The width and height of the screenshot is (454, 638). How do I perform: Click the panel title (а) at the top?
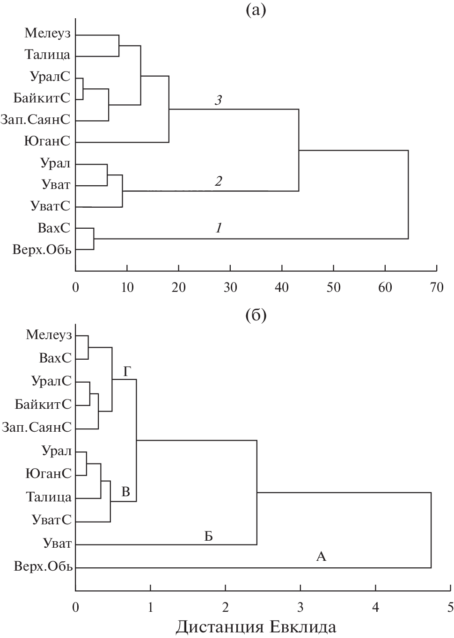pos(256,9)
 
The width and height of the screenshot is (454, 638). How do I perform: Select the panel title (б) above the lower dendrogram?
pos(256,316)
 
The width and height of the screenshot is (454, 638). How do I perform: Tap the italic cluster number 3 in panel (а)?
pos(218,101)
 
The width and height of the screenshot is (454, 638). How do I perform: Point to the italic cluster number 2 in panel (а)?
pos(218,181)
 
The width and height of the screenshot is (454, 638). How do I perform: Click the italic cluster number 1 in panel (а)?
pos(218,228)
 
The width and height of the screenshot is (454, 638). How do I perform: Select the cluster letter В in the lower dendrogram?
pos(126,492)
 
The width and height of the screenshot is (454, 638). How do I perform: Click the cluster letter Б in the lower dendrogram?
pos(208,536)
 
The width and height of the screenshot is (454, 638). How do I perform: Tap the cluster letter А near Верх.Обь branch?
pos(321,557)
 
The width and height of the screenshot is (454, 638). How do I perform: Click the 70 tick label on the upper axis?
pos(436,288)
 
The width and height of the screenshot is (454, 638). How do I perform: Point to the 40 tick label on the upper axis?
pos(282,288)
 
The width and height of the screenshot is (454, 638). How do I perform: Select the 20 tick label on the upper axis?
pos(178,288)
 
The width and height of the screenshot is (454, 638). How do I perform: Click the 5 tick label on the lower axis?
pos(450,608)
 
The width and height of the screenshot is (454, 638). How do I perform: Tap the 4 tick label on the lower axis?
pos(375,608)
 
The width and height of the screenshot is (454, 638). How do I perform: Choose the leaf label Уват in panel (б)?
pos(57,544)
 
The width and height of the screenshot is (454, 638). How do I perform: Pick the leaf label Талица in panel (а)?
pos(47,55)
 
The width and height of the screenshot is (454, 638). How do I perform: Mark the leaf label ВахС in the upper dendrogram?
pos(54,228)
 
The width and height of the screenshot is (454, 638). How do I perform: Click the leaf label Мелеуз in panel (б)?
pos(49,335)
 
